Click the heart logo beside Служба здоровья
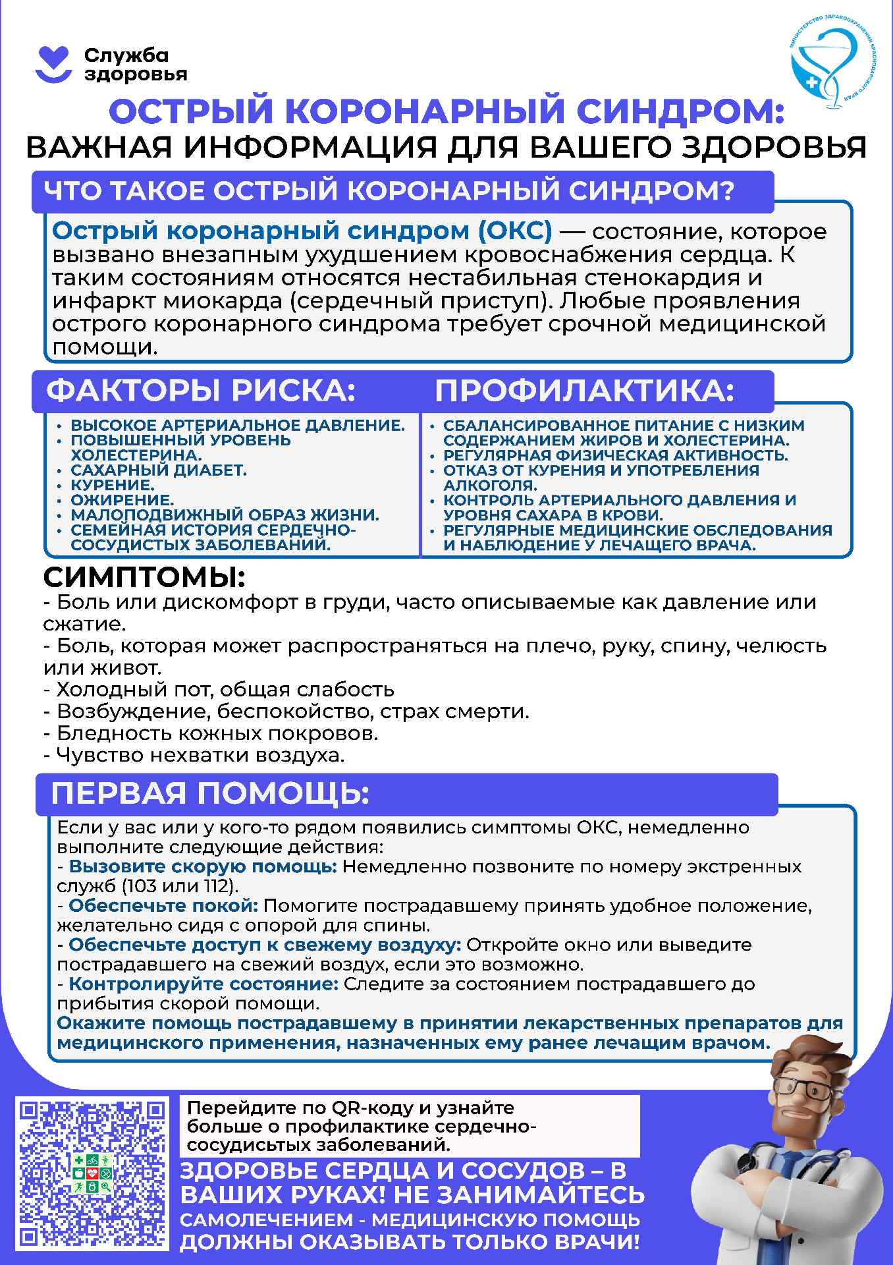click(x=53, y=65)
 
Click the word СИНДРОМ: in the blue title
click(x=681, y=112)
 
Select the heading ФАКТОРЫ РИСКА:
click(x=201, y=391)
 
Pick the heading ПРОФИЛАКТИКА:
click(x=584, y=391)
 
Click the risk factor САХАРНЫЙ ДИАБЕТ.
click(x=159, y=470)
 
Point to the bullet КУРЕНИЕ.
click(x=113, y=486)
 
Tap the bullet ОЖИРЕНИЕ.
click(x=122, y=500)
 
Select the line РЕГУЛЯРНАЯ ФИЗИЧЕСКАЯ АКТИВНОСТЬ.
click(x=615, y=455)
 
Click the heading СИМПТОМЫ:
click(x=144, y=578)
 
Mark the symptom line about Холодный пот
click(x=219, y=690)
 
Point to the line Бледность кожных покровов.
click(x=211, y=733)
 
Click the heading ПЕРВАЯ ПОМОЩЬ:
click(x=210, y=793)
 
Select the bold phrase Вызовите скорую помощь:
click(x=203, y=866)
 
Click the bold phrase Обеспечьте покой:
click(x=163, y=906)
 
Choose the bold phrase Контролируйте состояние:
click(x=203, y=984)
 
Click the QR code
click(x=92, y=1177)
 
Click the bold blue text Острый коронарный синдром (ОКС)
click(x=302, y=231)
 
